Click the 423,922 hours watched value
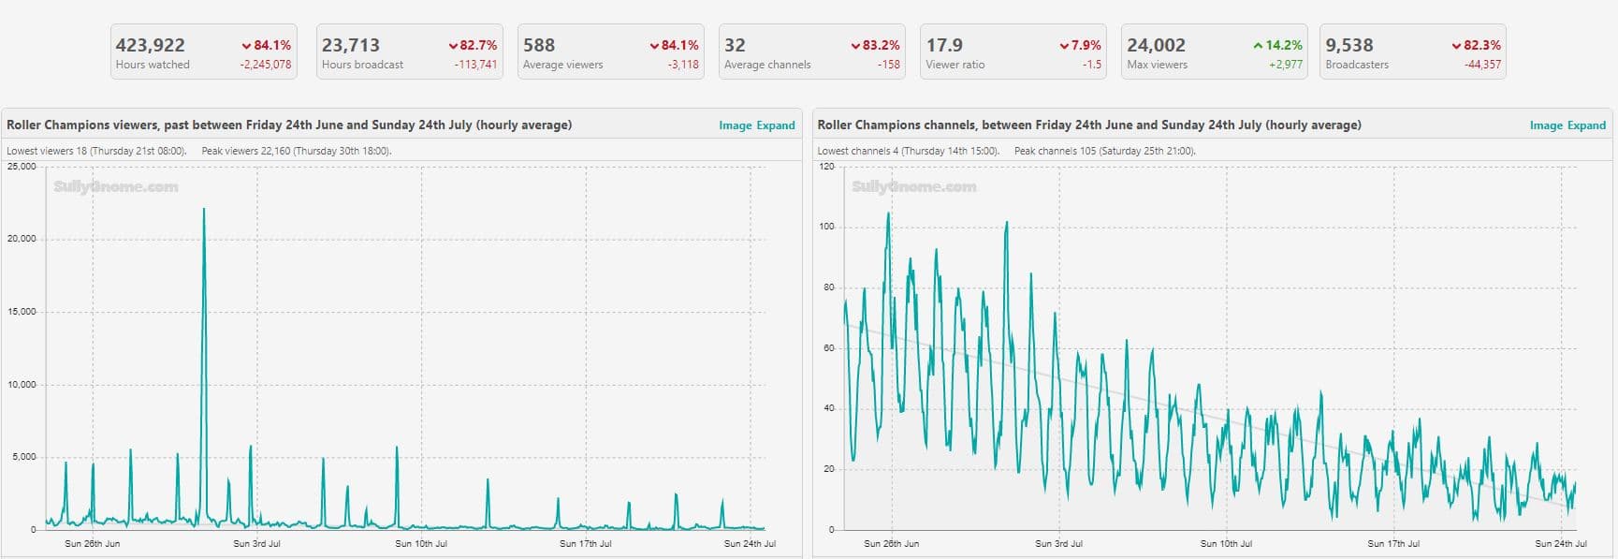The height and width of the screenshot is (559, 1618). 150,45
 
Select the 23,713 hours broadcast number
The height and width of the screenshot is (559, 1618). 351,45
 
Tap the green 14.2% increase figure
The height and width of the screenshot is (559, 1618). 1277,45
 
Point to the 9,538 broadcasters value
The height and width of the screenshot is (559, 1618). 1349,45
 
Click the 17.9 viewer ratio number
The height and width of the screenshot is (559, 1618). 944,45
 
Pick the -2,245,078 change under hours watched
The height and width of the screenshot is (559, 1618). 266,65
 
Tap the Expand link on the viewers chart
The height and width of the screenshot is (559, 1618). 776,125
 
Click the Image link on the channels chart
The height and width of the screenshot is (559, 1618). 1546,125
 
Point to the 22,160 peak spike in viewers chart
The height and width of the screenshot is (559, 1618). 204,210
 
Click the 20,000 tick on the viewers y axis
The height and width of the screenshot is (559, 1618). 22,239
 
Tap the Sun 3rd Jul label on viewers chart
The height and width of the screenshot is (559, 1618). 256,543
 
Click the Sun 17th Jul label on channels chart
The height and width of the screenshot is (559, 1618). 1393,543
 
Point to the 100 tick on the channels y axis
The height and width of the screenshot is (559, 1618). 826,227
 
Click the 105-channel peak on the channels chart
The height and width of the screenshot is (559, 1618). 888,214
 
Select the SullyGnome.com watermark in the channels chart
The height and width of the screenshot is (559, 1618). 914,187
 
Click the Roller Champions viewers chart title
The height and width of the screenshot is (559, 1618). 289,125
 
